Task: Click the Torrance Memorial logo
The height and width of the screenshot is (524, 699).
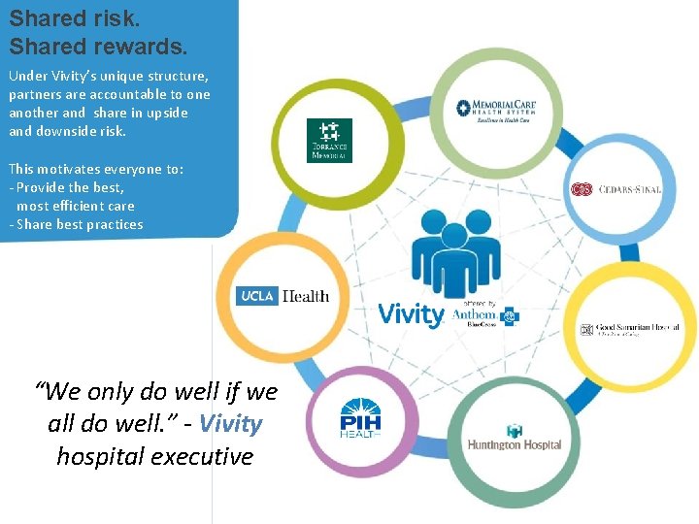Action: coord(329,140)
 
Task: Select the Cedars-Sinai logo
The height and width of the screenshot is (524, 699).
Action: coord(616,189)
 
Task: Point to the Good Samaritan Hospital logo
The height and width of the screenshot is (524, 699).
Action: coord(629,330)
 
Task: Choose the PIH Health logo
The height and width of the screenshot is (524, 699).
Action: coord(360,421)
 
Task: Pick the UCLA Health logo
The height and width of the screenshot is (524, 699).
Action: coord(283,296)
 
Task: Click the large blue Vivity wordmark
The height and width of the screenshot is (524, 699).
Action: coord(411,314)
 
